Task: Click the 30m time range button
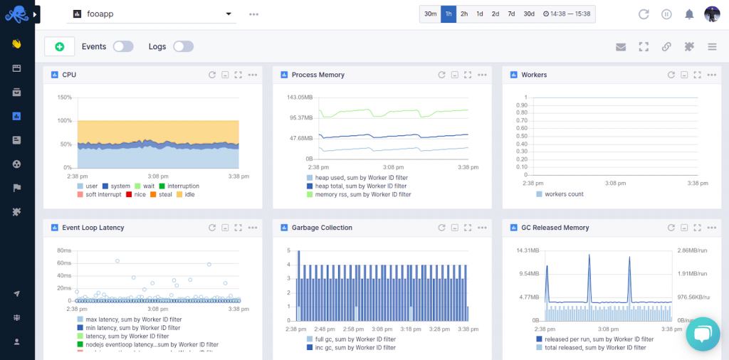431,14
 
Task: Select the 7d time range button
511,14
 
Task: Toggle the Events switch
123,46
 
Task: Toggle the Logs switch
183,46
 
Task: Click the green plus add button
59,46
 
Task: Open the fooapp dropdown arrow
229,14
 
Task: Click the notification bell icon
689,14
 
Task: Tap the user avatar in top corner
712,14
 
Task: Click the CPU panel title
69,75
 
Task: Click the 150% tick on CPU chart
64,97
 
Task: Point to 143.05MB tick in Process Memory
298,97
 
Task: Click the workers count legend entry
564,194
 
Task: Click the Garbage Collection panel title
322,228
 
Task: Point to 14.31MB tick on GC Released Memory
528,250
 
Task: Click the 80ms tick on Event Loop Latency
63,250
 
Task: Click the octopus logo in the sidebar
16,14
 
